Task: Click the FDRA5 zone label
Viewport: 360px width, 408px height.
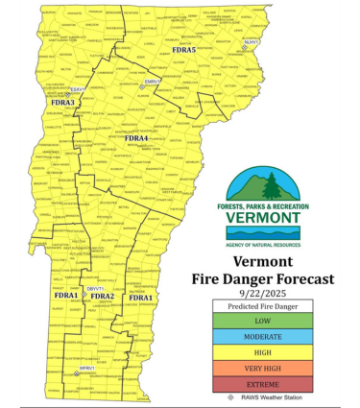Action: pos(183,49)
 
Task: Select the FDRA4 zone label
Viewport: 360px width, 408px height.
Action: pos(135,138)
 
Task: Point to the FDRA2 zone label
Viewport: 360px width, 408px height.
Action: pos(102,296)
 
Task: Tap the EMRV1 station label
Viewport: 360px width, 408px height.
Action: pos(153,82)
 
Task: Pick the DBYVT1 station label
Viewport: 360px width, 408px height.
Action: pos(95,288)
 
